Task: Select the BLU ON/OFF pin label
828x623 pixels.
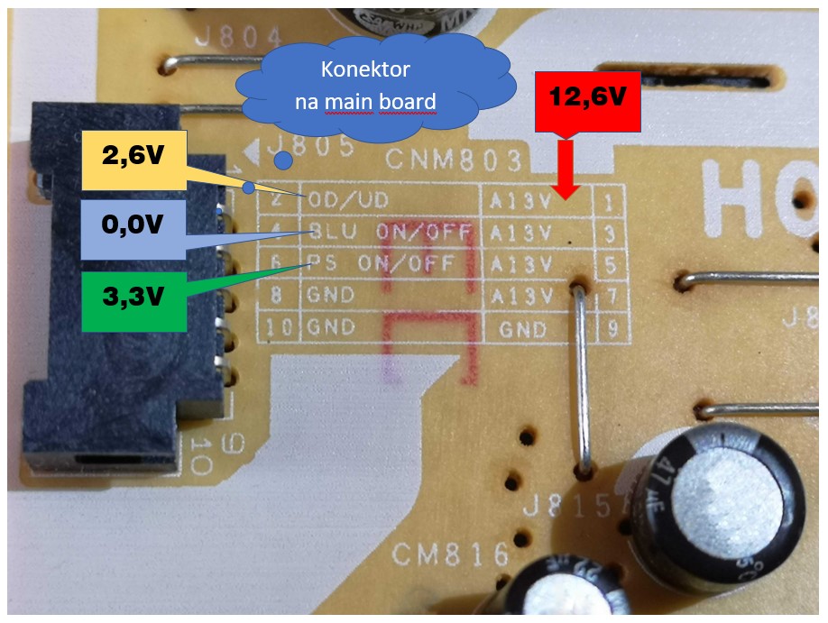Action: click(x=390, y=234)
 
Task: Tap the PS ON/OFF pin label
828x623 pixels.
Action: click(x=390, y=265)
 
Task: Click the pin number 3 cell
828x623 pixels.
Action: click(x=612, y=234)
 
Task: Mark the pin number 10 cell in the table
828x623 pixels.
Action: click(x=281, y=328)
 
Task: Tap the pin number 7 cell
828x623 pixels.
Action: click(x=612, y=298)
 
